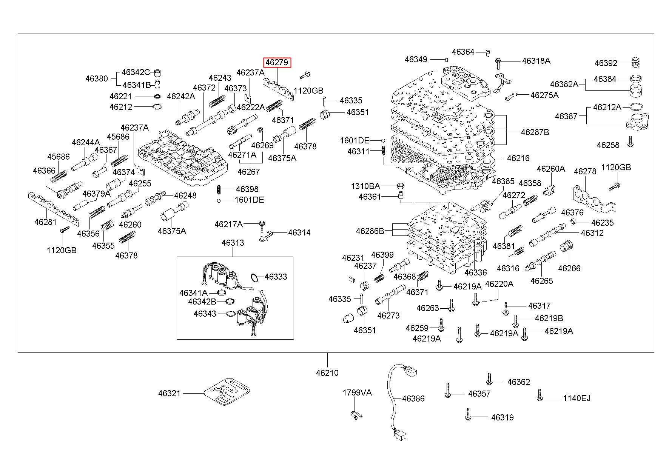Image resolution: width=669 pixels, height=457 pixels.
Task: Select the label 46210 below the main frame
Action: (327, 373)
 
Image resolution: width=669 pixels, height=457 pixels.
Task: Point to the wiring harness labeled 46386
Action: (393, 400)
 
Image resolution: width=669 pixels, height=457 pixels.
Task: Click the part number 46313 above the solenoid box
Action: (233, 243)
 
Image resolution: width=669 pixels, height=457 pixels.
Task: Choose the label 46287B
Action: (535, 132)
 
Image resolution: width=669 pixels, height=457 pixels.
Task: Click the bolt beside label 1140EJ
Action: (540, 395)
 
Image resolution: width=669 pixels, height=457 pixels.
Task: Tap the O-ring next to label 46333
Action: (256, 278)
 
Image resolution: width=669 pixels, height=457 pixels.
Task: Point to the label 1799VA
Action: (357, 392)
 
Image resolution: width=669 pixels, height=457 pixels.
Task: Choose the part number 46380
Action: (96, 78)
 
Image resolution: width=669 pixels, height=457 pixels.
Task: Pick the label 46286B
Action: (370, 231)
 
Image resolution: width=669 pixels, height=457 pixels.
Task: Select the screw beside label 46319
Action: (468, 414)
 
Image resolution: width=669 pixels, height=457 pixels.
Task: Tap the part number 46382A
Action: (564, 84)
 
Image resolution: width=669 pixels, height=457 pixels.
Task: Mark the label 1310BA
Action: (365, 186)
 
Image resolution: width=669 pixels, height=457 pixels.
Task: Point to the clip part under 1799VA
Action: (355, 415)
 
